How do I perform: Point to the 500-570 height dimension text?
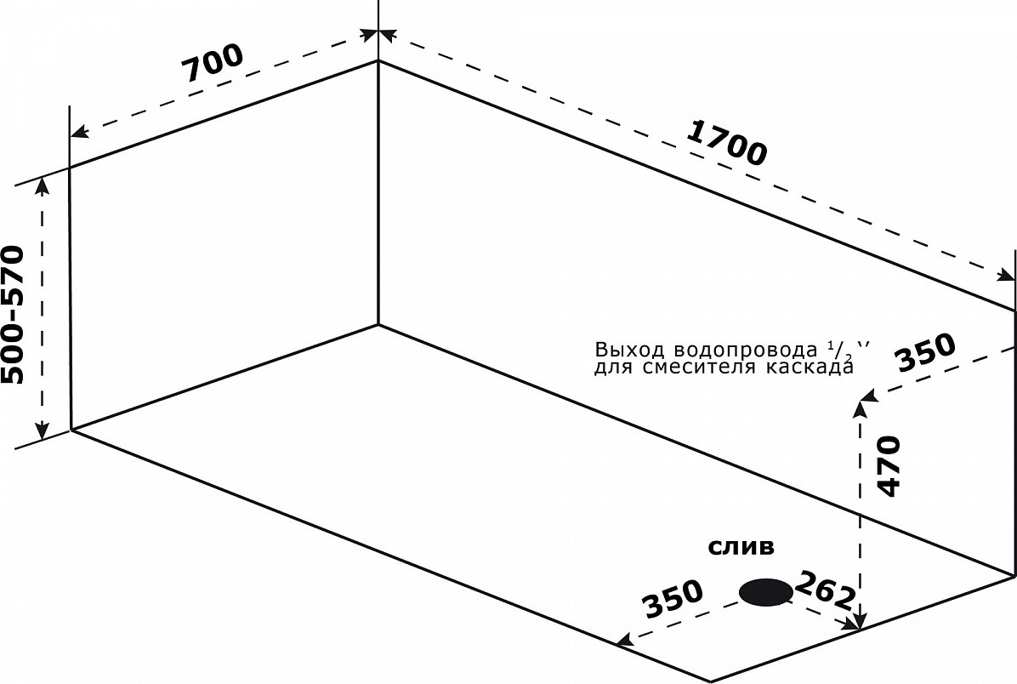(14, 315)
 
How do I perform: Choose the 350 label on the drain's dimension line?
(673, 600)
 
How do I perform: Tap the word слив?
(741, 547)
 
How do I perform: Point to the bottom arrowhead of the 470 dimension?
(862, 624)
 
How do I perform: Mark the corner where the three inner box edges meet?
(378, 324)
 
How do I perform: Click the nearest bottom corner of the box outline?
(711, 681)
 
